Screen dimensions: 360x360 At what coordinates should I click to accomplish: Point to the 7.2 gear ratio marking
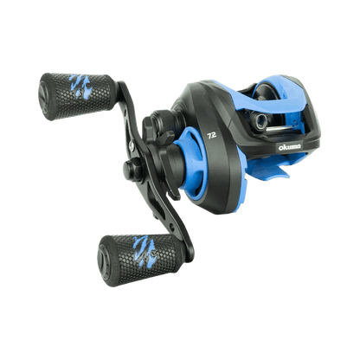point(212,136)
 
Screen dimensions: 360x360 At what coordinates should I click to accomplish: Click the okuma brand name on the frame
point(289,147)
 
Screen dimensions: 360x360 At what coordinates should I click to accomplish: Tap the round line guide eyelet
point(259,119)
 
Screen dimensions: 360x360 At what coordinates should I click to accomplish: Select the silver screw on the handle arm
point(132,145)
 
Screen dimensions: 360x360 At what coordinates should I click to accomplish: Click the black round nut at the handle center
point(133,170)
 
